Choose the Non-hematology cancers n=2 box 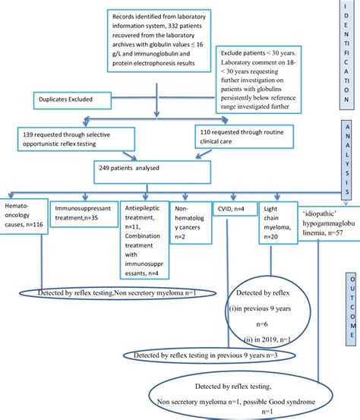188,221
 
